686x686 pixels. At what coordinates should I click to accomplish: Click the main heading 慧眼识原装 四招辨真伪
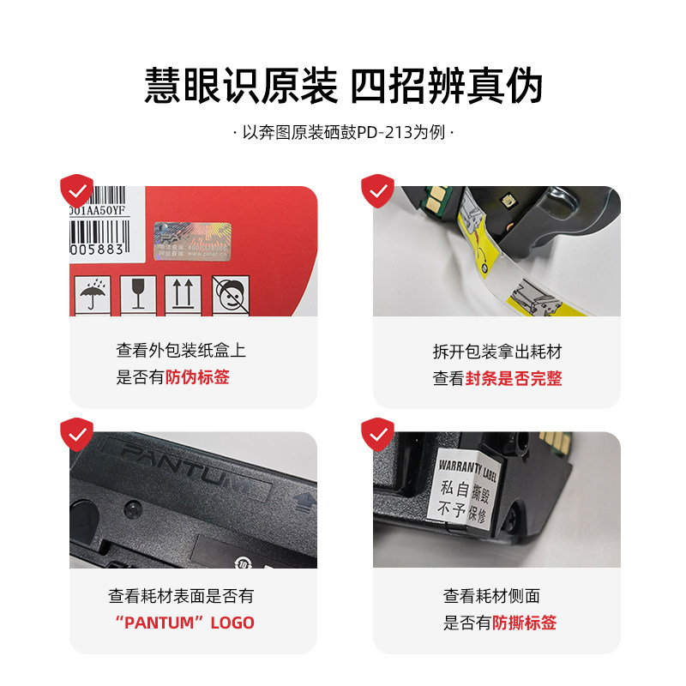click(x=343, y=87)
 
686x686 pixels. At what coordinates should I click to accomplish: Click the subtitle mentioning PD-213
click(x=343, y=134)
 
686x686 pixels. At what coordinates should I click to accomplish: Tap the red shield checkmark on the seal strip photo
click(x=377, y=190)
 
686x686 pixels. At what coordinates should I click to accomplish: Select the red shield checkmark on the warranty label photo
click(x=377, y=435)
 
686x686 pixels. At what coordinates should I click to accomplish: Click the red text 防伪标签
click(x=197, y=377)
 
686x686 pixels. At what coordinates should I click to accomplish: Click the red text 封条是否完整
click(x=513, y=378)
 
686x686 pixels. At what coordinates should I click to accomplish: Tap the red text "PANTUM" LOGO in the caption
click(x=184, y=623)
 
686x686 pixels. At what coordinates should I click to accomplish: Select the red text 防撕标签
click(x=524, y=623)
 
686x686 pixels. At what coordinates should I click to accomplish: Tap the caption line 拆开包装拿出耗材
click(x=496, y=352)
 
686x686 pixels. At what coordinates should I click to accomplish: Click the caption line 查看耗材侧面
click(x=491, y=596)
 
